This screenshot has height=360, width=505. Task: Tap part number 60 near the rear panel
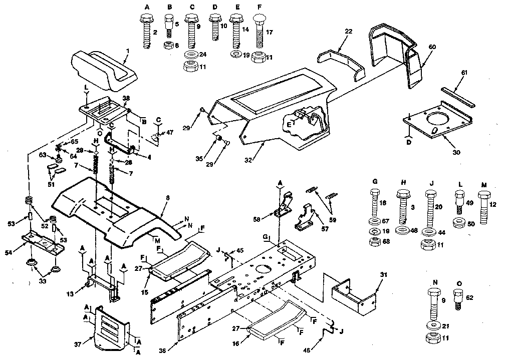pyautogui.click(x=432, y=47)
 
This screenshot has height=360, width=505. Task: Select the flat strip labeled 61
pyautogui.click(x=458, y=97)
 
